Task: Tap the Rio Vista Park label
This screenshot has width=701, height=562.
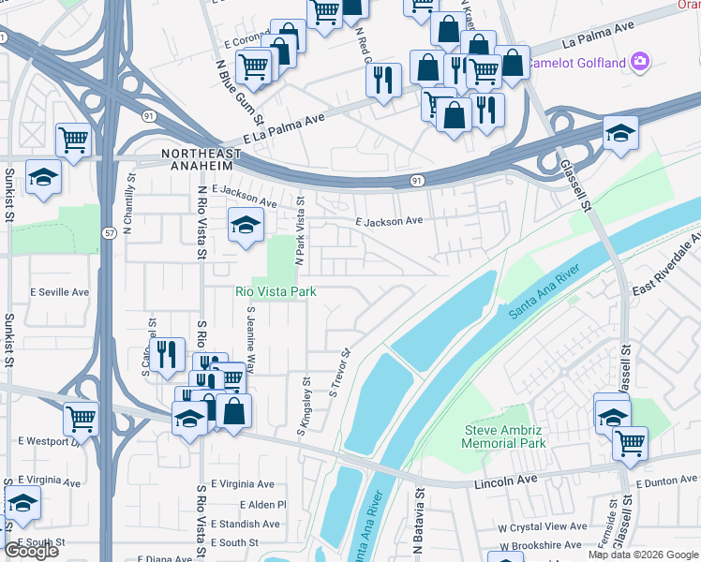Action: click(x=275, y=292)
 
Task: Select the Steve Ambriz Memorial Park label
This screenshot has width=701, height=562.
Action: click(x=505, y=436)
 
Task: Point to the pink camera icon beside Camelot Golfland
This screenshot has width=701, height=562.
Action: click(x=641, y=62)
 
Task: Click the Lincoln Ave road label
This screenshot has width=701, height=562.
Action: click(x=507, y=479)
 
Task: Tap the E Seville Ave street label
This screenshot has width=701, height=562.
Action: click(x=59, y=292)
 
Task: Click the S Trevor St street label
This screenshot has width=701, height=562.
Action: click(x=339, y=373)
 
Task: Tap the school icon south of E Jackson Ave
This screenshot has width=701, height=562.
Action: click(x=246, y=225)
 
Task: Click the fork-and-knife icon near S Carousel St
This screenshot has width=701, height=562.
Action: click(x=167, y=354)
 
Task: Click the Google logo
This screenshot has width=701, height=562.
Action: click(x=32, y=552)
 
